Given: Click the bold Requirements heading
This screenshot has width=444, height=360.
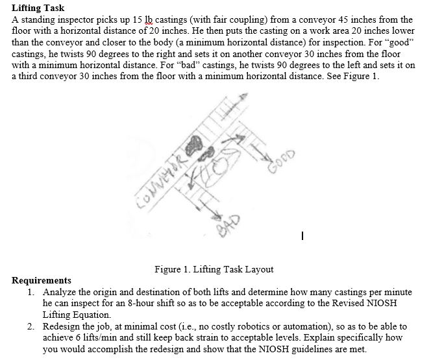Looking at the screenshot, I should tap(42, 281).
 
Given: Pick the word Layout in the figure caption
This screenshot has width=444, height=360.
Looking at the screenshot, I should tap(258, 269).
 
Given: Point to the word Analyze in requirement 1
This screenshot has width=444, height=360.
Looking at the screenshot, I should tap(61, 293).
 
